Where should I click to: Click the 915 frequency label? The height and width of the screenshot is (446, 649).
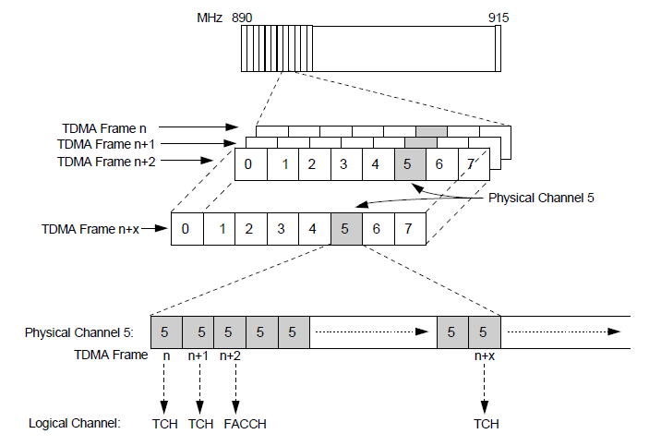coord(499,18)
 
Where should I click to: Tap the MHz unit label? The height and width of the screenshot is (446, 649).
coord(210,18)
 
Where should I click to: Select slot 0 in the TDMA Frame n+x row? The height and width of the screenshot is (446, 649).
coord(186,229)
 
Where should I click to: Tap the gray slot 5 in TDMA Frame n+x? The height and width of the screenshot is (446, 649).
coord(345,229)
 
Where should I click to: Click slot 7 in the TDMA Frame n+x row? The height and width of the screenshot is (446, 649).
coord(409,229)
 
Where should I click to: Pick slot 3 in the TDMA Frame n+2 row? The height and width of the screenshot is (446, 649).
coord(343,164)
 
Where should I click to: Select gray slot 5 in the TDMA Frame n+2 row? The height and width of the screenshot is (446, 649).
coord(408,164)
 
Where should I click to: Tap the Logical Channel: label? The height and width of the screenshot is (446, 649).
coord(75,424)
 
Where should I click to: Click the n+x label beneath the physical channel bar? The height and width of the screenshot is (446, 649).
coord(484,355)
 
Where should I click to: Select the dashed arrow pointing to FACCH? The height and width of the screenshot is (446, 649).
coord(237,388)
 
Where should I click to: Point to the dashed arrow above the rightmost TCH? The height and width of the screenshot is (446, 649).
coord(485,388)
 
